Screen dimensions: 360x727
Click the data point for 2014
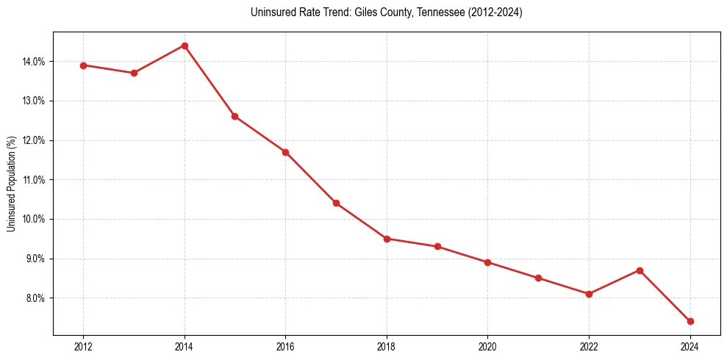pos(185,46)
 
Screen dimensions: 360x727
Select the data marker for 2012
pos(83,65)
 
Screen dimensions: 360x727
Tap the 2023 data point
pos(640,270)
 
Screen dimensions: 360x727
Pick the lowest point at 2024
pos(690,321)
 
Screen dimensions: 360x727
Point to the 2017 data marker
pos(336,203)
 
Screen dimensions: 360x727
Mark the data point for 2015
pos(235,116)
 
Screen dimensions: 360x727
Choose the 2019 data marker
pos(437,246)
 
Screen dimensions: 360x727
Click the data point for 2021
pos(539,278)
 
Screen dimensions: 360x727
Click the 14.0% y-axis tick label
pos(34,62)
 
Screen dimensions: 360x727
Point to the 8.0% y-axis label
pos(35,298)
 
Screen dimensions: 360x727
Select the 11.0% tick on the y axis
pos(34,180)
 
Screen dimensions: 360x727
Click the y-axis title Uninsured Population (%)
pos(12,184)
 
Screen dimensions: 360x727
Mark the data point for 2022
pos(590,294)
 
